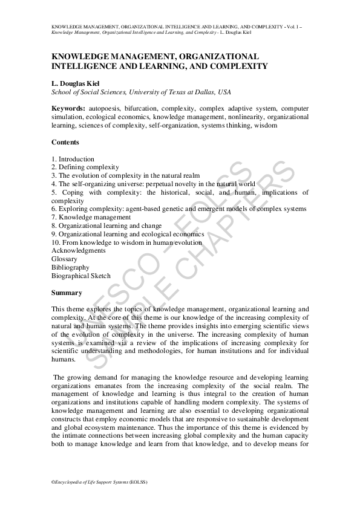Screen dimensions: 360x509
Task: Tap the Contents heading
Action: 65,142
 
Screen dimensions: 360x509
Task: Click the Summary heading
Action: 67,293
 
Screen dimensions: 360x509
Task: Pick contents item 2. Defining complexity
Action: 85,167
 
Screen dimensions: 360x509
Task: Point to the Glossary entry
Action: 64,259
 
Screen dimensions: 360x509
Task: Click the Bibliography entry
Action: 70,267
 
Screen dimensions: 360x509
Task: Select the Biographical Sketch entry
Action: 81,276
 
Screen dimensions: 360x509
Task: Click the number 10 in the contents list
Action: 56,242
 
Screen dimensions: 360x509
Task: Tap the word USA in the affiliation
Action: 224,92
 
